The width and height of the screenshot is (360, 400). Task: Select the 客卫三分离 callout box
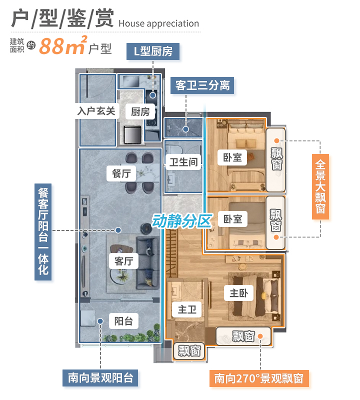tap(202, 85)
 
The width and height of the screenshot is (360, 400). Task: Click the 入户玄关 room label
tap(96, 110)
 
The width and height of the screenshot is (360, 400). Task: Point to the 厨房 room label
tap(140, 112)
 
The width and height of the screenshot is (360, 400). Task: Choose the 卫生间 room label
tap(182, 162)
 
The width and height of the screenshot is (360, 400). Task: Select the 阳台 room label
tap(123, 321)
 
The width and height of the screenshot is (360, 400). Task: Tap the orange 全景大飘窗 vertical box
tap(320, 186)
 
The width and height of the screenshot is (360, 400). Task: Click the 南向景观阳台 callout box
tap(100, 378)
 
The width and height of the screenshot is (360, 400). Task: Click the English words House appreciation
tap(159, 23)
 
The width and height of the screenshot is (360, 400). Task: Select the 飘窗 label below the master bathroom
tap(189, 350)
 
